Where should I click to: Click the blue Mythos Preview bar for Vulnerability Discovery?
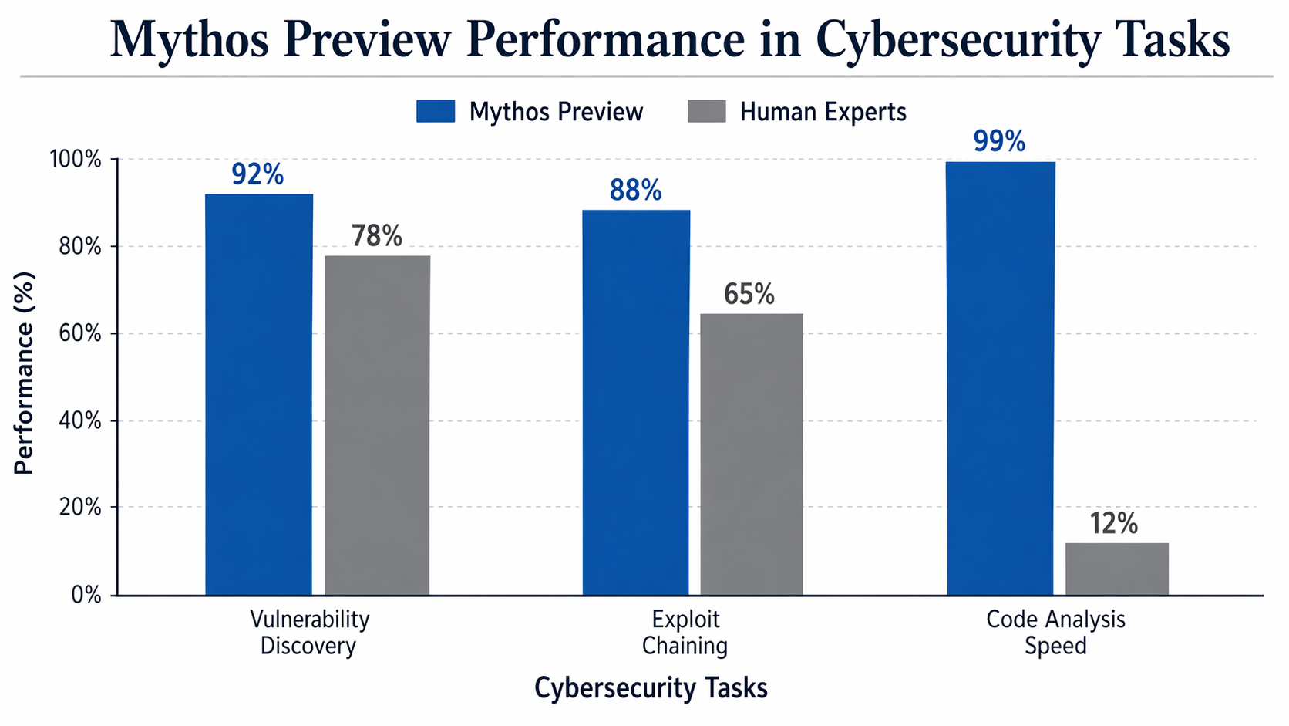click(258, 393)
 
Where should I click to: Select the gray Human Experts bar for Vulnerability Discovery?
click(377, 424)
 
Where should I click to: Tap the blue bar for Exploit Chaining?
click(635, 401)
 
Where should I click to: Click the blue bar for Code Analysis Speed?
click(1000, 378)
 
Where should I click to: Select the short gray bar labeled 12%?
click(1116, 569)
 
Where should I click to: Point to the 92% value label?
click(257, 175)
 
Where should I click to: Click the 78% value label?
click(377, 236)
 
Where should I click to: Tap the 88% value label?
click(635, 191)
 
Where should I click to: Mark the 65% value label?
click(749, 295)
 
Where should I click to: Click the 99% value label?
click(999, 142)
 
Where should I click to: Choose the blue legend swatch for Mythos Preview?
click(436, 111)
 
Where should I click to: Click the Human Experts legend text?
click(823, 112)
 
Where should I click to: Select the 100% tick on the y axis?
click(75, 160)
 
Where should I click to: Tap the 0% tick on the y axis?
click(86, 595)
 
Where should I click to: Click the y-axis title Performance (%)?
click(24, 373)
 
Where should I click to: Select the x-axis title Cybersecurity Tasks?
click(651, 688)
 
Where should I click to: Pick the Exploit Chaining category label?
click(685, 632)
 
